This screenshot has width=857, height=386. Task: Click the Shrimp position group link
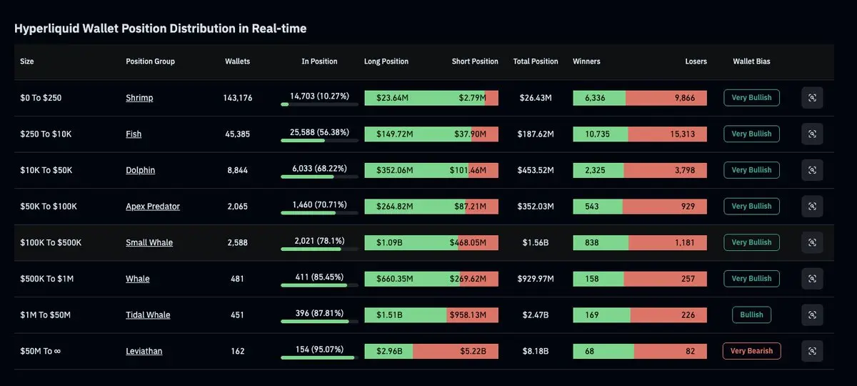tap(139, 98)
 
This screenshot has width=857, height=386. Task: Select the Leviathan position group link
tap(144, 351)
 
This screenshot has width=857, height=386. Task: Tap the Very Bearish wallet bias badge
tap(751, 351)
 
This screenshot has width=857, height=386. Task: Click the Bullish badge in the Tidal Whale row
tap(751, 315)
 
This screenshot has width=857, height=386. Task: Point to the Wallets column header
tap(237, 61)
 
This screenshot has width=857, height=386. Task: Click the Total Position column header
tap(536, 61)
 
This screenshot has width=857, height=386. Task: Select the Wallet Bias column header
tap(751, 61)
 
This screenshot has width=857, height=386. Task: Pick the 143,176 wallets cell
tap(237, 98)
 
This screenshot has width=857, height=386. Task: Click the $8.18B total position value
tap(536, 351)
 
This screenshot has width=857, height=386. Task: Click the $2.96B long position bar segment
tap(389, 351)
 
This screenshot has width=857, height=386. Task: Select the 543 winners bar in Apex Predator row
tap(598, 207)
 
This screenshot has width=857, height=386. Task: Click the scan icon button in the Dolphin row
tap(812, 170)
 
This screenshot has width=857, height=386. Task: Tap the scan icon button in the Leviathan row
tap(812, 351)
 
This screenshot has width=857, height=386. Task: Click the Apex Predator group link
tap(153, 207)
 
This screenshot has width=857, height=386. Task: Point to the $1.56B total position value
tap(536, 242)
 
